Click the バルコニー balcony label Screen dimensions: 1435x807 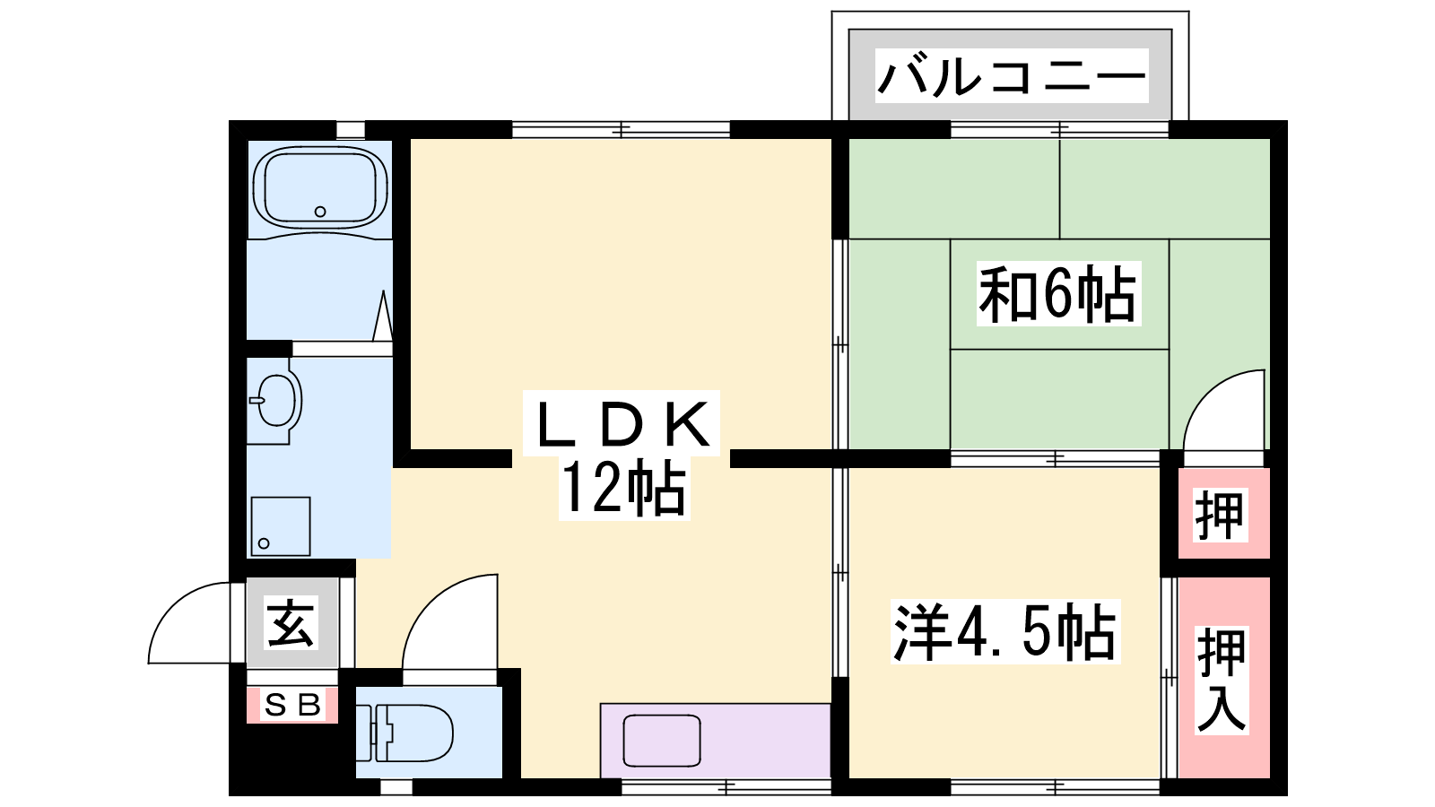coord(1012,75)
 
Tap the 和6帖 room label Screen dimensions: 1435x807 coord(1057,294)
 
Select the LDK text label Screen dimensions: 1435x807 coord(622,423)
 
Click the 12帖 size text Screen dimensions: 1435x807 coord(624,488)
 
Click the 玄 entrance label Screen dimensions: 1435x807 coord(291,622)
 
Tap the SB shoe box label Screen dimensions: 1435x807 coord(292,705)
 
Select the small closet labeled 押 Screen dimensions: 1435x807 coord(1224,513)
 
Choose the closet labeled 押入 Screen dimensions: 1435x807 coord(1224,678)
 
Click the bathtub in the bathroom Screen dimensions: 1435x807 coord(319,187)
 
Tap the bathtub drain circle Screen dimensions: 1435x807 coord(320,212)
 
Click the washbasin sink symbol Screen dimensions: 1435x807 coord(275,401)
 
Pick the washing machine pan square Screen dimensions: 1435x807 coord(281,526)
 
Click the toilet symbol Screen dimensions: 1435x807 coord(404,733)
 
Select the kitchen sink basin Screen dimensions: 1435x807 coord(662,741)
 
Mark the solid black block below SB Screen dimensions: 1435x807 coord(292,759)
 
